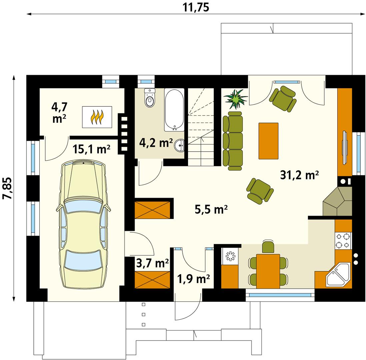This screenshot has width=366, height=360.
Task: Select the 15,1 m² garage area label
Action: click(x=92, y=149)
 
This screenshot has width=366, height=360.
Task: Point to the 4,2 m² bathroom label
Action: click(x=156, y=143)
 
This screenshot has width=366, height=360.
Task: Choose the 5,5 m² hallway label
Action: click(x=211, y=210)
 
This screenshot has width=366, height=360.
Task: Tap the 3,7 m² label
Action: click(x=152, y=263)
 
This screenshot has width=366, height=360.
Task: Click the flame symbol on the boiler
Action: click(x=97, y=117)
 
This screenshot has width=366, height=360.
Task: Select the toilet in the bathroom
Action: click(x=150, y=99)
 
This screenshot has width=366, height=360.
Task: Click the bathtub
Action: click(x=174, y=110)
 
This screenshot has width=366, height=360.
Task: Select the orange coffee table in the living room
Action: click(x=268, y=140)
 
